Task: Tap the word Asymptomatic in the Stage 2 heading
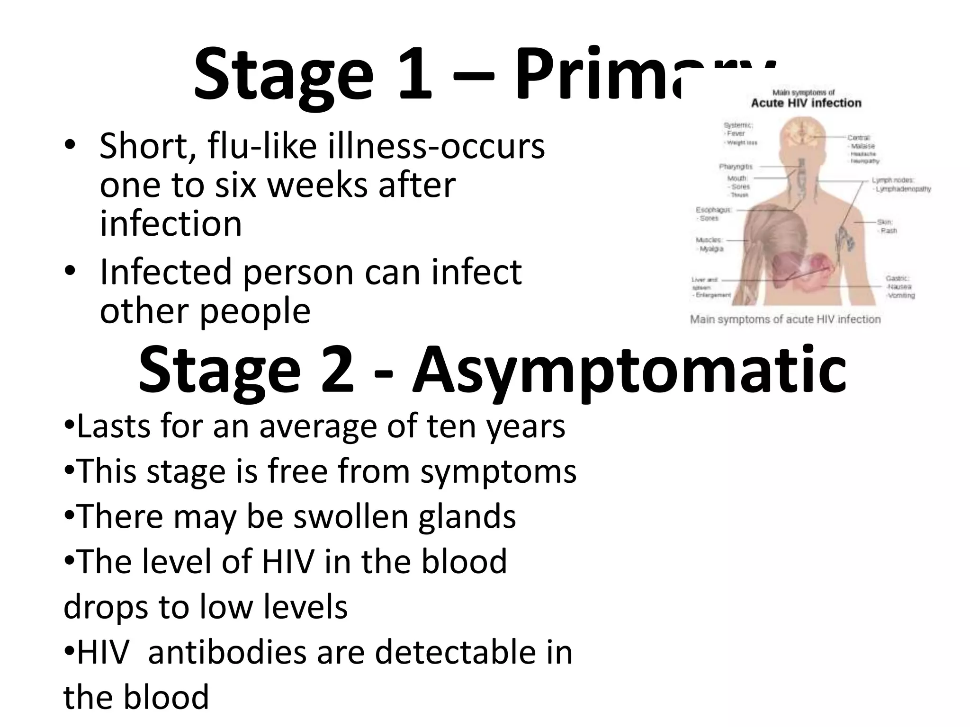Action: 629,370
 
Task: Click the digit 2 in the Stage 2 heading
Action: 337,370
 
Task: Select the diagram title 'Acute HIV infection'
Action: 806,103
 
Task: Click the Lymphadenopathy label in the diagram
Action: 903,189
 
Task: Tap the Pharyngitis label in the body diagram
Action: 736,167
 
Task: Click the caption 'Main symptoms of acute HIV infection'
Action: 785,319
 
